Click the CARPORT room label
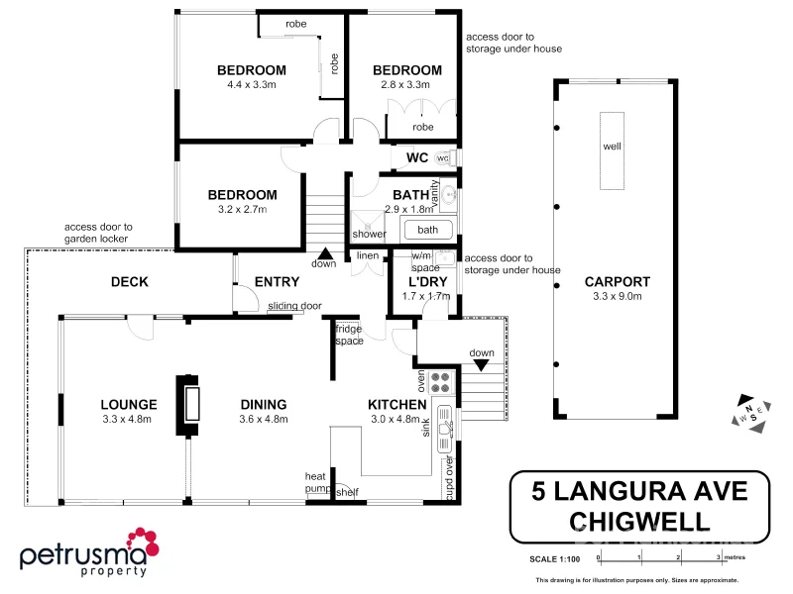(x=617, y=281)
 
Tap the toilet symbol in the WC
(x=442, y=158)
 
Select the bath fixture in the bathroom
(x=427, y=231)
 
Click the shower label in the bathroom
(x=369, y=235)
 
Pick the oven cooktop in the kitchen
(x=441, y=381)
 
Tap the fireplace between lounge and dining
(x=187, y=405)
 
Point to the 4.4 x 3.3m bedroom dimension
(x=252, y=85)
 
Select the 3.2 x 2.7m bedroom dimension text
(x=242, y=210)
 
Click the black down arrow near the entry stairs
(x=324, y=254)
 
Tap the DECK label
(x=129, y=282)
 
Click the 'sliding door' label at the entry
(x=293, y=307)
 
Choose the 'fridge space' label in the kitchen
(x=348, y=335)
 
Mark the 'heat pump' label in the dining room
(x=315, y=482)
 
